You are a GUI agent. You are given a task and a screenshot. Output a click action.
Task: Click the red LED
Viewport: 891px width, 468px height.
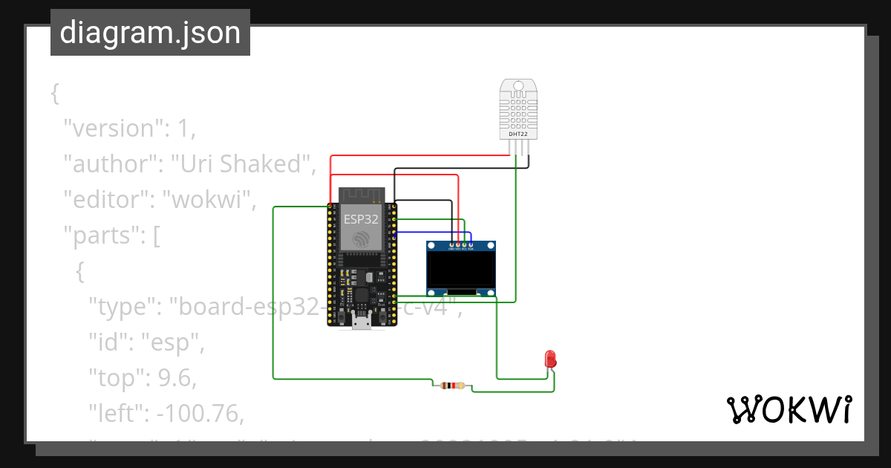point(551,358)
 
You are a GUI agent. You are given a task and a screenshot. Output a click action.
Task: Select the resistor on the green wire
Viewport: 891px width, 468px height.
point(452,386)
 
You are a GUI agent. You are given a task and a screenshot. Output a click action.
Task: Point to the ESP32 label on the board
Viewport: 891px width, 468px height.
point(361,219)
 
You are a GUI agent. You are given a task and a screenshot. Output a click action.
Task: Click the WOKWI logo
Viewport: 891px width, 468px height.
point(789,410)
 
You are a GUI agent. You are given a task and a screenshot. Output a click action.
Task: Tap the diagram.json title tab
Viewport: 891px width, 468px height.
point(150,33)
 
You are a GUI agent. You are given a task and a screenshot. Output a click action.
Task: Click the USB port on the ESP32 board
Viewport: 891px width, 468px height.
point(362,320)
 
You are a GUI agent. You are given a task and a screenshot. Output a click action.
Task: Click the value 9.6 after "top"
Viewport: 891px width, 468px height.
point(174,378)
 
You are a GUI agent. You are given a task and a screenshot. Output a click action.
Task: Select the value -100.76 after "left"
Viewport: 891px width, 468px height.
point(201,413)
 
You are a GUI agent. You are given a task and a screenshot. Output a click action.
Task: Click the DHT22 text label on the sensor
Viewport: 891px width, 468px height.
point(519,134)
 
